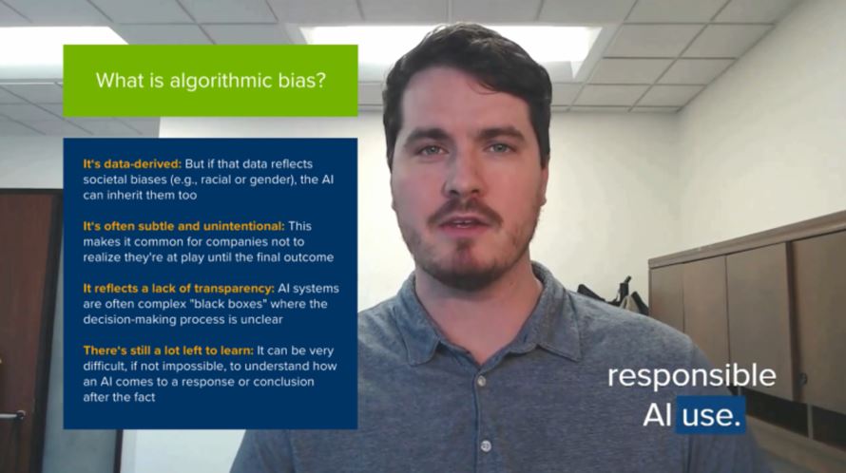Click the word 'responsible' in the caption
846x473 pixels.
(691, 375)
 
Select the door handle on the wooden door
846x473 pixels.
(11, 415)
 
